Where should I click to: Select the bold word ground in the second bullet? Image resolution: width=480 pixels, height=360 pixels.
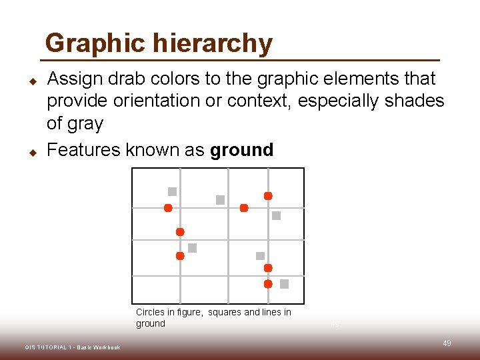(241, 150)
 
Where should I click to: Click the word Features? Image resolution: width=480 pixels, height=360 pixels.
(84, 150)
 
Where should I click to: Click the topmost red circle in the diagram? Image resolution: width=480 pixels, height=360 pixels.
(268, 196)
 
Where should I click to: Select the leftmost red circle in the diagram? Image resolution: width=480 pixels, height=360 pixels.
(168, 208)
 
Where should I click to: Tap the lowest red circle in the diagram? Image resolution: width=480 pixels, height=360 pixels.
(268, 284)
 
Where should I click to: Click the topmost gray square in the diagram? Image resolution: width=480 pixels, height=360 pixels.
(172, 191)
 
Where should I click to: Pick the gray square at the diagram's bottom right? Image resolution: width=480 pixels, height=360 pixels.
(284, 284)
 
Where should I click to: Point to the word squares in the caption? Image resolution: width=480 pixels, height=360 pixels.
(225, 312)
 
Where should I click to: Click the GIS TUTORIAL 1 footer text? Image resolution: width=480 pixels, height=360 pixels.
(72, 347)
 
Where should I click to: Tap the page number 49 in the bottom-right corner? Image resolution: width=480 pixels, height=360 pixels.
(447, 343)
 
